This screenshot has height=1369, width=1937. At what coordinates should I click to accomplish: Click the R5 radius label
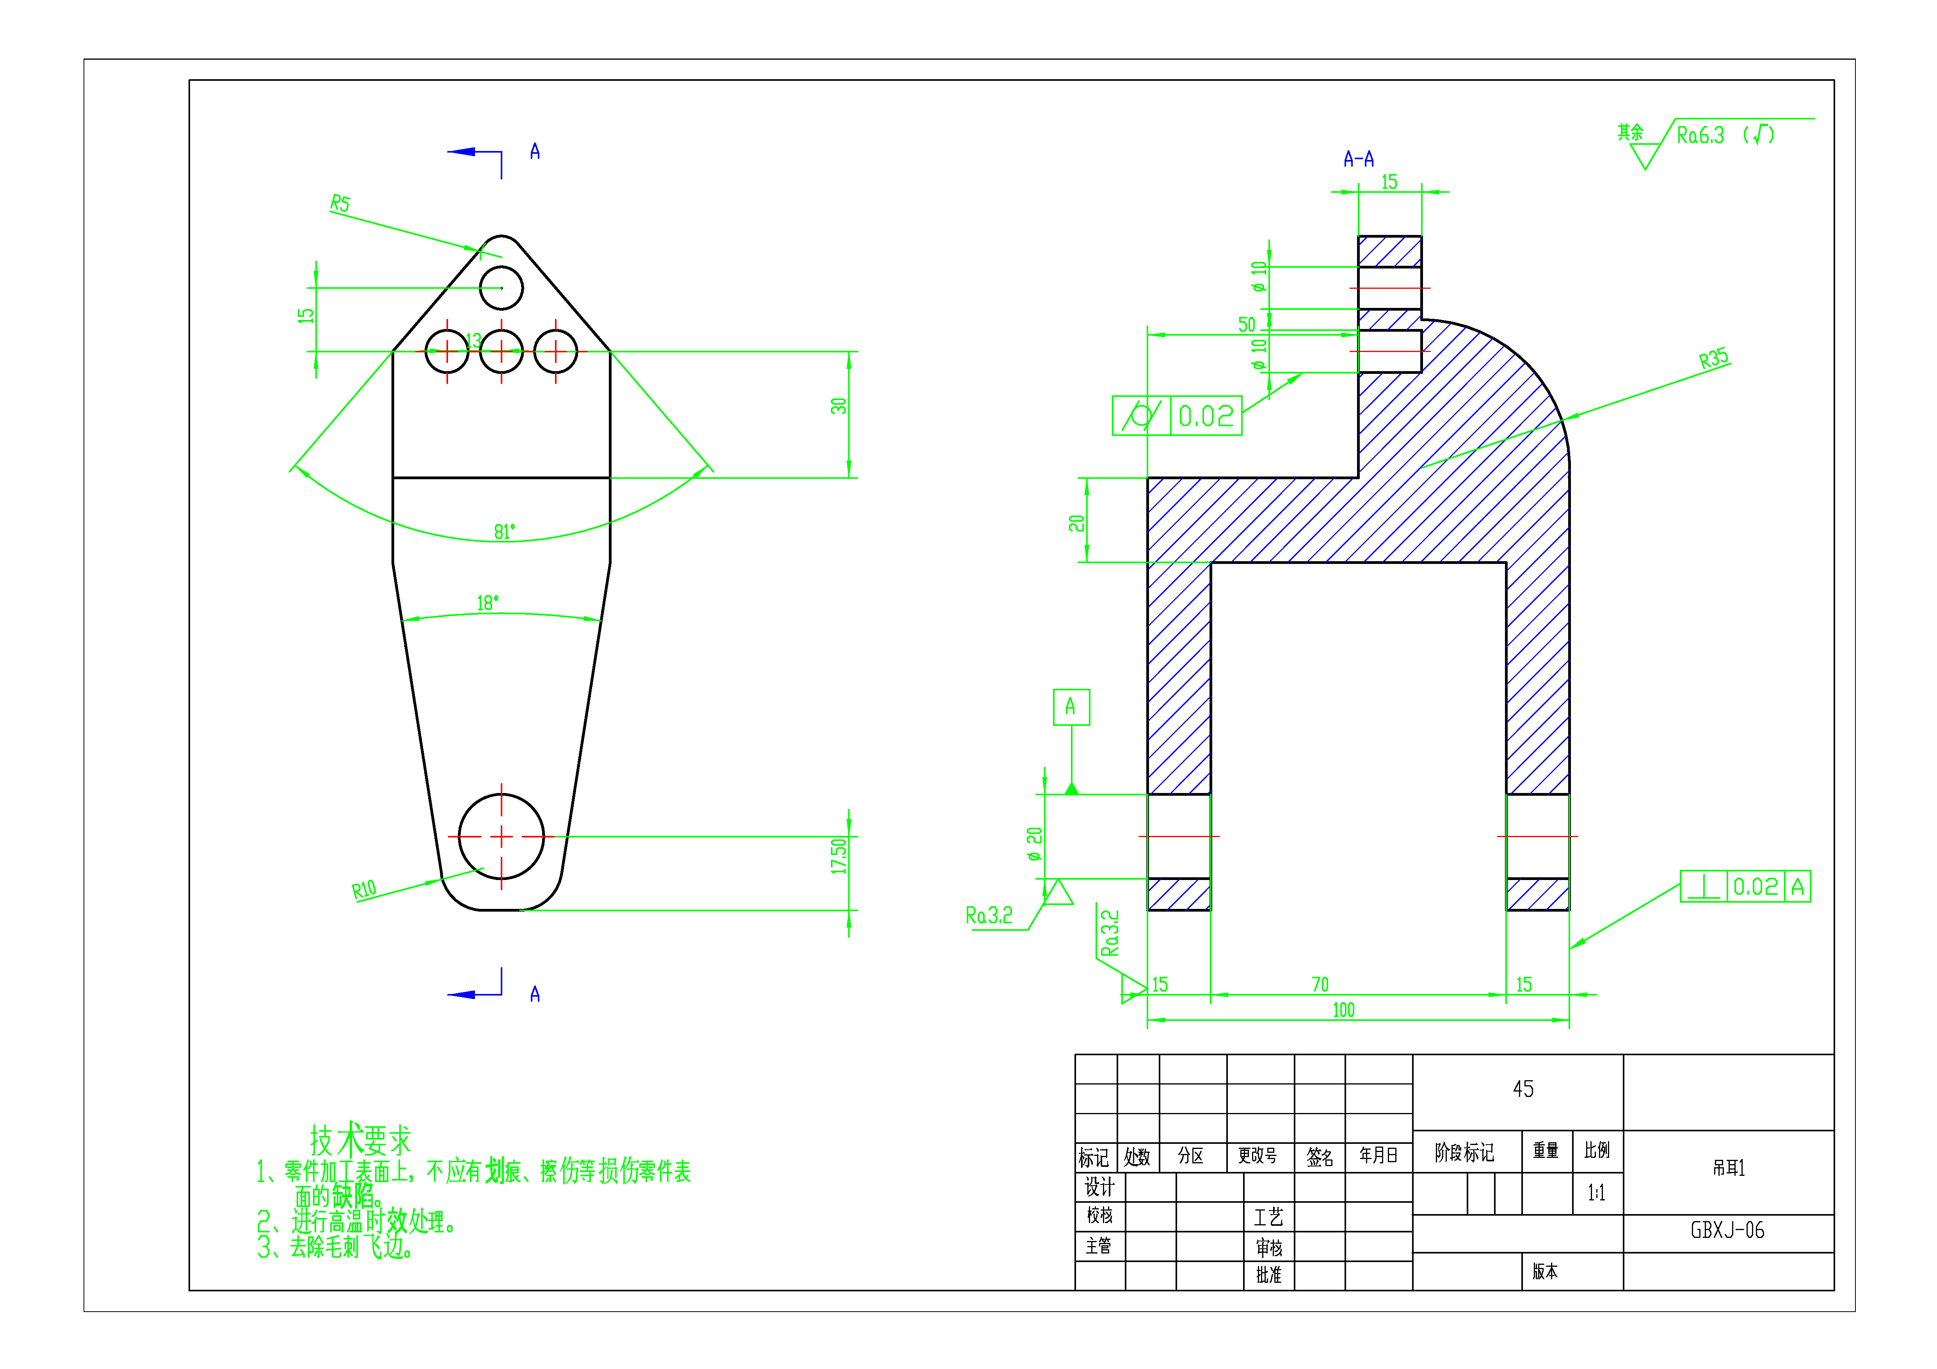pos(340,203)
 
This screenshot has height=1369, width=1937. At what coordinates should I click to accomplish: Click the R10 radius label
pos(364,890)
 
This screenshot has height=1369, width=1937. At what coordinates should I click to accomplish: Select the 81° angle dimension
pos(503,532)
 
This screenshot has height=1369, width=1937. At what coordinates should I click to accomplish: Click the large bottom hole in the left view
pos(501,837)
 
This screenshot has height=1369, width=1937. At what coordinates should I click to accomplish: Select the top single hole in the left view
pos(501,288)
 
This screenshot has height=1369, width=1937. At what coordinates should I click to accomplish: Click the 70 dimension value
pos(1320,984)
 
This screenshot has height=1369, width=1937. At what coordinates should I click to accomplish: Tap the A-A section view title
pos(1358,158)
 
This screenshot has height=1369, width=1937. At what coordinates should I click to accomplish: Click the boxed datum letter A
pos(1071,707)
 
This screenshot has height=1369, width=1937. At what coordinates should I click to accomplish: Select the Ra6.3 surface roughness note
pos(1700,135)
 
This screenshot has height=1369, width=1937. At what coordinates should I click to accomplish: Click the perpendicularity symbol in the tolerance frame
pos(1704,887)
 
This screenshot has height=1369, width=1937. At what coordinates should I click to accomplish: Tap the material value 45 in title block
pos(1523,1089)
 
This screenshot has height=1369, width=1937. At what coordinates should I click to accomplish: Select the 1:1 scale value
pos(1596,1193)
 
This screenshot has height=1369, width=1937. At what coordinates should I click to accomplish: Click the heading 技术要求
pos(360,1140)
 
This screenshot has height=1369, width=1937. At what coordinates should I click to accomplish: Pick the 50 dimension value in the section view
pos(1247,325)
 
